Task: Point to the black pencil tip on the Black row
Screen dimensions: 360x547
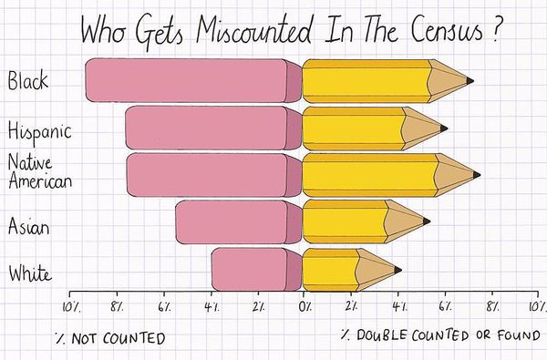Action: pos(470,81)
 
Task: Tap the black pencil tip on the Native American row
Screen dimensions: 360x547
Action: pos(475,174)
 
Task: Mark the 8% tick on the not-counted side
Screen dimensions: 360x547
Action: pos(118,307)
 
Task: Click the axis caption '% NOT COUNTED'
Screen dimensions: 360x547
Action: pos(109,339)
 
